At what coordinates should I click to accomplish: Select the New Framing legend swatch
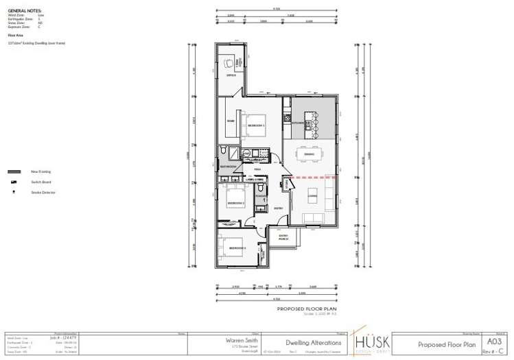(x=14, y=171)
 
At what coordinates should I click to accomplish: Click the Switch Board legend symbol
(x=13, y=182)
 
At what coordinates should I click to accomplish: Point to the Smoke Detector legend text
(x=43, y=193)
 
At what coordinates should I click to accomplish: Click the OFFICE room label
(x=231, y=75)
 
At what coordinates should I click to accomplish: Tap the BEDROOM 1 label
(x=256, y=126)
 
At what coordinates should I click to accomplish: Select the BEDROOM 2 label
(x=236, y=204)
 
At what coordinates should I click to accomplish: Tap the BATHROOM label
(x=228, y=167)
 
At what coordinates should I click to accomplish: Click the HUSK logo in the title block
(x=373, y=341)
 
